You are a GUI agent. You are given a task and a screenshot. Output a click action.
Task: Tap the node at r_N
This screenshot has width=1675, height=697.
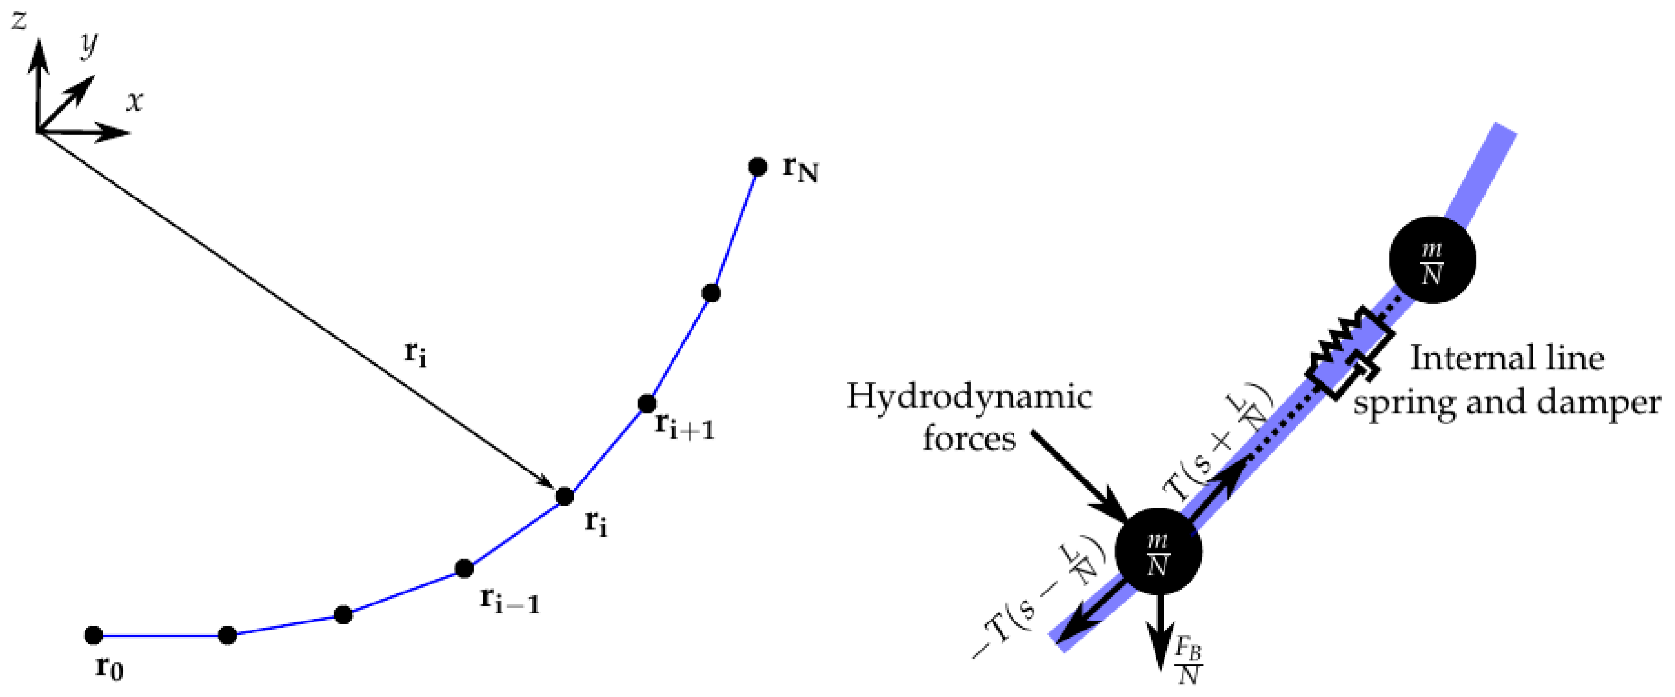pyautogui.click(x=757, y=167)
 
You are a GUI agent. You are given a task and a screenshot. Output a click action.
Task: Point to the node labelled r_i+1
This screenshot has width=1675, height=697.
pyautogui.click(x=646, y=404)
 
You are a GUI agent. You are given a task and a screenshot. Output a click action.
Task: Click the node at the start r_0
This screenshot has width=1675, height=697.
pyautogui.click(x=94, y=635)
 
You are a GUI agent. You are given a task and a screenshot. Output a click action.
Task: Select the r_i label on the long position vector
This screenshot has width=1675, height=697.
pyautogui.click(x=416, y=354)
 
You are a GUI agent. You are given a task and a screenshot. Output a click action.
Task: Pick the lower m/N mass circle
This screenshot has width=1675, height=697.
pyautogui.click(x=1158, y=551)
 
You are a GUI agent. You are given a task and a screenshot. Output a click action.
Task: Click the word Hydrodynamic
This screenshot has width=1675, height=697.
pyautogui.click(x=969, y=396)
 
